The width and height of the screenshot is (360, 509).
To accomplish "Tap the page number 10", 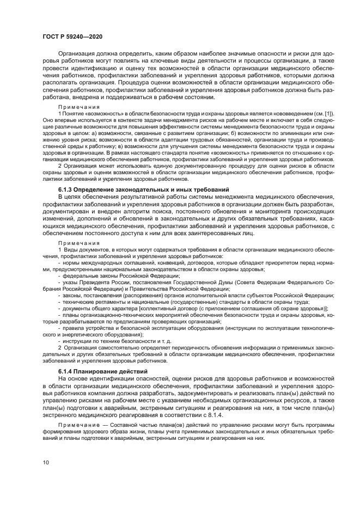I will tap(46, 462).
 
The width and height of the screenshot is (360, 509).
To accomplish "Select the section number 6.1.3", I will tap(68, 189).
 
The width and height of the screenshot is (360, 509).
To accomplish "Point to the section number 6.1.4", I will tap(68, 371).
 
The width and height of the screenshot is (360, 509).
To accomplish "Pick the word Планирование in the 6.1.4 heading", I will tap(100, 371).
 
